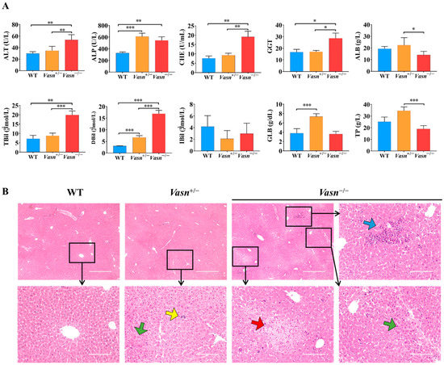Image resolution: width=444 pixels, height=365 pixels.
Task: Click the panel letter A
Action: [x=6, y=7]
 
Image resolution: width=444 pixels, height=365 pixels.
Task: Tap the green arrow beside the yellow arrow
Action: [x=141, y=327]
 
